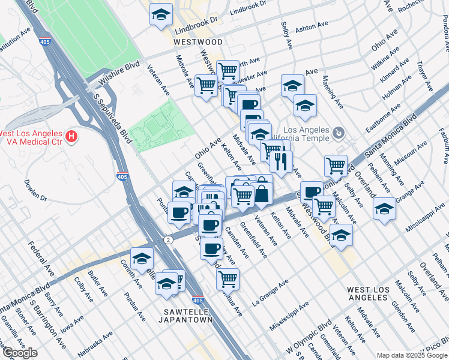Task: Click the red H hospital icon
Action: [x=72, y=137]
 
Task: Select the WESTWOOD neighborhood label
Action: [x=197, y=42]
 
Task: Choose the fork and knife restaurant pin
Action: [x=281, y=161]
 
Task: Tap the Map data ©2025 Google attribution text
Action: [x=412, y=355]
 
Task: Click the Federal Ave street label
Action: [x=41, y=258]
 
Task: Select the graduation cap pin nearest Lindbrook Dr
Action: [x=160, y=14]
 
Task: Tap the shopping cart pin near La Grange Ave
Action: [x=228, y=278]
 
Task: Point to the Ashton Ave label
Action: [x=312, y=26]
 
